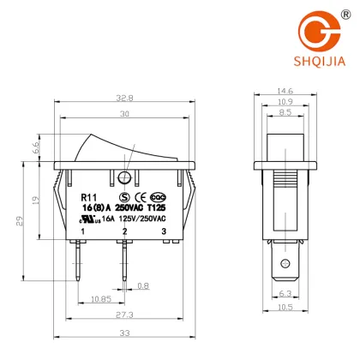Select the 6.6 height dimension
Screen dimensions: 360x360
(37, 147)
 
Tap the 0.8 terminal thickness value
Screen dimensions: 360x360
(143, 285)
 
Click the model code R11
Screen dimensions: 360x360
(86, 196)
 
